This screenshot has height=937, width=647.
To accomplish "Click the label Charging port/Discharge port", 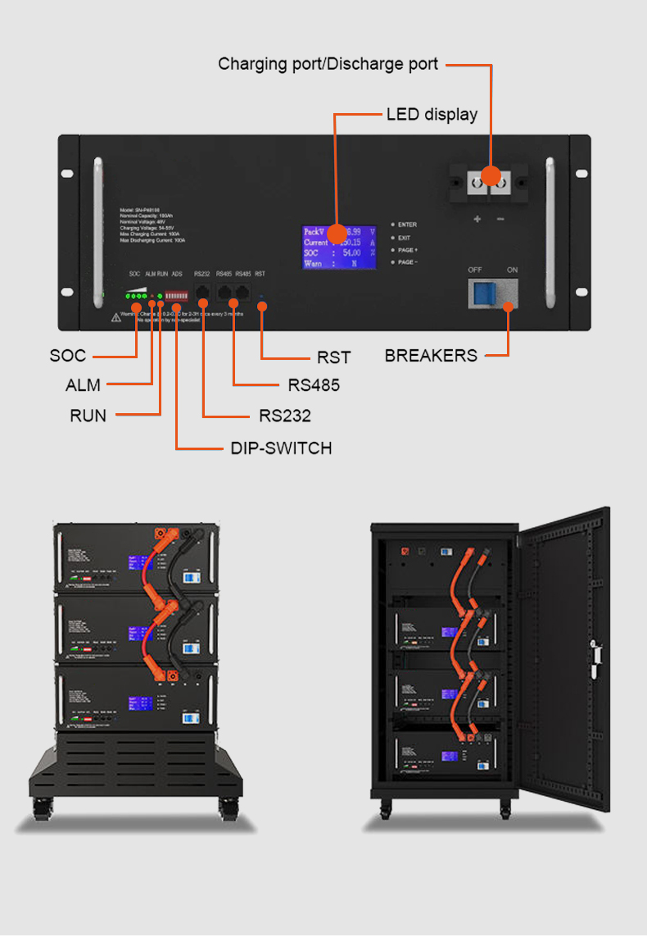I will [x=328, y=64].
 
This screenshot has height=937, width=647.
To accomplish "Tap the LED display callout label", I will [x=432, y=114].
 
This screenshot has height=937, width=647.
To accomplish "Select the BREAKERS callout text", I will [x=431, y=356].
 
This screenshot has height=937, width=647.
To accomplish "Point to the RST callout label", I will [x=333, y=357].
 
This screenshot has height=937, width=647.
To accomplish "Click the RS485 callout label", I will [x=314, y=385].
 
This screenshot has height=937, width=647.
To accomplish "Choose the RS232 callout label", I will [x=285, y=416].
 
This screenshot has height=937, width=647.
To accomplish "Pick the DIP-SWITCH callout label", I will [x=281, y=448].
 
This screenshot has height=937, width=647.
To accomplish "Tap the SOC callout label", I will [x=67, y=356].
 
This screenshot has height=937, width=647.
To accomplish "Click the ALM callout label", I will [x=83, y=385].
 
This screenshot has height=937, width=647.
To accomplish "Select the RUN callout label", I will [x=88, y=416].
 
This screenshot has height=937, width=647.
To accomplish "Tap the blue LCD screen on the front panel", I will [x=339, y=247].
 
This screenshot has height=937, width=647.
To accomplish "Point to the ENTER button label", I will [x=407, y=225].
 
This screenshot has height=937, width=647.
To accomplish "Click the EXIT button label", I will [x=404, y=238].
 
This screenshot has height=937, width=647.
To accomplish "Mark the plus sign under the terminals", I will [x=477, y=220].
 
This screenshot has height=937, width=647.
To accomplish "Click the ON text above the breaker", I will [x=513, y=270].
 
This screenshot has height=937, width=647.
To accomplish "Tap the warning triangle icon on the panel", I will [x=115, y=317].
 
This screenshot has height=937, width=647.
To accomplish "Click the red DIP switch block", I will [x=176, y=293].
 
